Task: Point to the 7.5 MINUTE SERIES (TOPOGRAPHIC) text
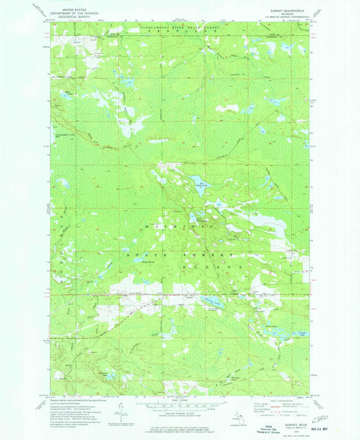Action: pos(279,13)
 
